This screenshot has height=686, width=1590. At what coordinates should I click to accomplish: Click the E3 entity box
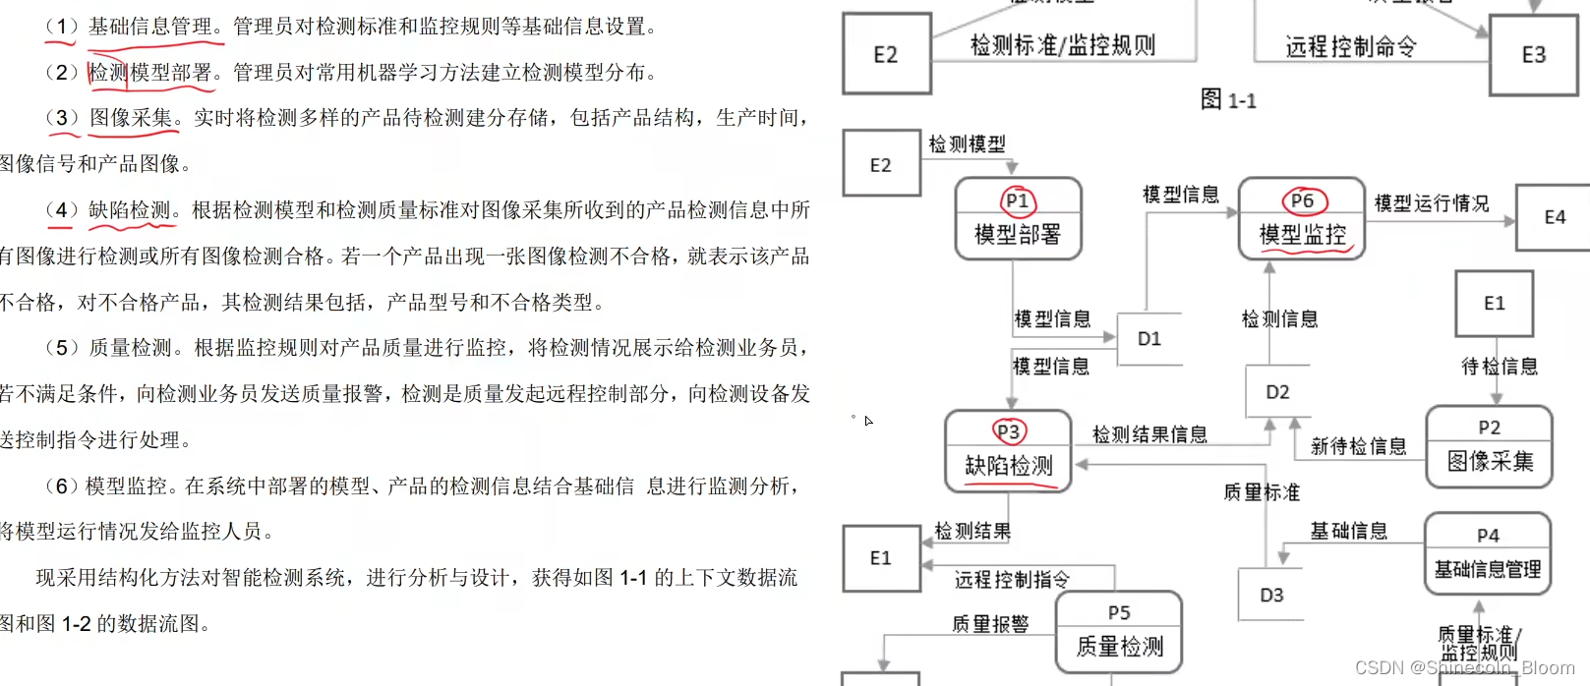(1533, 55)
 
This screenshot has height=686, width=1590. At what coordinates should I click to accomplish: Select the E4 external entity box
(1554, 217)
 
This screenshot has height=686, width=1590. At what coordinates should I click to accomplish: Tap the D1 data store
(1149, 339)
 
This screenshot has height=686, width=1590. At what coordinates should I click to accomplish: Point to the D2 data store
(1277, 392)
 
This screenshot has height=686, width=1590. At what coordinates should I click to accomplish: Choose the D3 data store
(1271, 595)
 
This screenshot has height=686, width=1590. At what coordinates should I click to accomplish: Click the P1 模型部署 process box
(1018, 219)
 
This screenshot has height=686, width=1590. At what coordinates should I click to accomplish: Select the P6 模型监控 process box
(1302, 219)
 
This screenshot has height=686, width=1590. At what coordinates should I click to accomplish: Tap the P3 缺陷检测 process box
(1008, 451)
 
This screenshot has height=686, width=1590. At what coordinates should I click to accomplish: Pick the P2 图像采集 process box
(1489, 446)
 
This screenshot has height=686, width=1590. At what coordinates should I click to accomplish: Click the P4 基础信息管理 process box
(1488, 554)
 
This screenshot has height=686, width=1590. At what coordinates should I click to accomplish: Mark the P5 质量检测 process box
(1119, 632)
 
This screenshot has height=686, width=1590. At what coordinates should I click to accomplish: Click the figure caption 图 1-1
(1228, 100)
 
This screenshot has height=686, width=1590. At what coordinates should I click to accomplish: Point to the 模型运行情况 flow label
(1431, 203)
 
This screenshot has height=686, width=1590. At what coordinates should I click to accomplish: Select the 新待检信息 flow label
(1358, 447)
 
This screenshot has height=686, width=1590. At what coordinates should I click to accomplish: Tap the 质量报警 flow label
(990, 624)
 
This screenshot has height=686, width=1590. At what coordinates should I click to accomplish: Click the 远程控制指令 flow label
(1011, 580)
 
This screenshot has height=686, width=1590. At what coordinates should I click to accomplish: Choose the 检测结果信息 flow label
(1149, 434)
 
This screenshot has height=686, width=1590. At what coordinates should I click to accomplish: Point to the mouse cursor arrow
(868, 421)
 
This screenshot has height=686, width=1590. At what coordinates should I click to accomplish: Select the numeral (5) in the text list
(61, 348)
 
